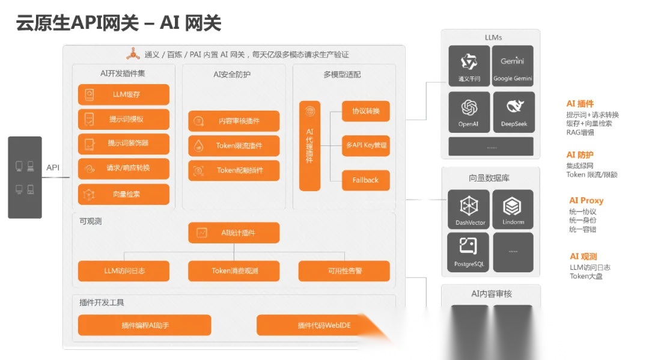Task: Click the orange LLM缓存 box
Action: click(123, 94)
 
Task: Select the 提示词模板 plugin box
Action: click(123, 119)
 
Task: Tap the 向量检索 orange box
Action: click(123, 194)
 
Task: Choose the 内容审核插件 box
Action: click(234, 121)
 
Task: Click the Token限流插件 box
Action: click(234, 145)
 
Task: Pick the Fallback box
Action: click(365, 180)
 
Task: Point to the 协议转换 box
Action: click(365, 111)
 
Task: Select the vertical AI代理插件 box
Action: click(309, 145)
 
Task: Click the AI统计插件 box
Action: click(234, 233)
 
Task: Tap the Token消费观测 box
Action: click(234, 271)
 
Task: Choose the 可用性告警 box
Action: click(344, 271)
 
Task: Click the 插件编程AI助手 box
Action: click(145, 325)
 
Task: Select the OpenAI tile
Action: click(469, 112)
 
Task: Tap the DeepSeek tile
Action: click(513, 112)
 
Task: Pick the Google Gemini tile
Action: click(513, 66)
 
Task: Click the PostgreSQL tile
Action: click(469, 252)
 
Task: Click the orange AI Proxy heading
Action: click(586, 201)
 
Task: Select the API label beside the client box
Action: click(53, 168)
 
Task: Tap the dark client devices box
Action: click(25, 177)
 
